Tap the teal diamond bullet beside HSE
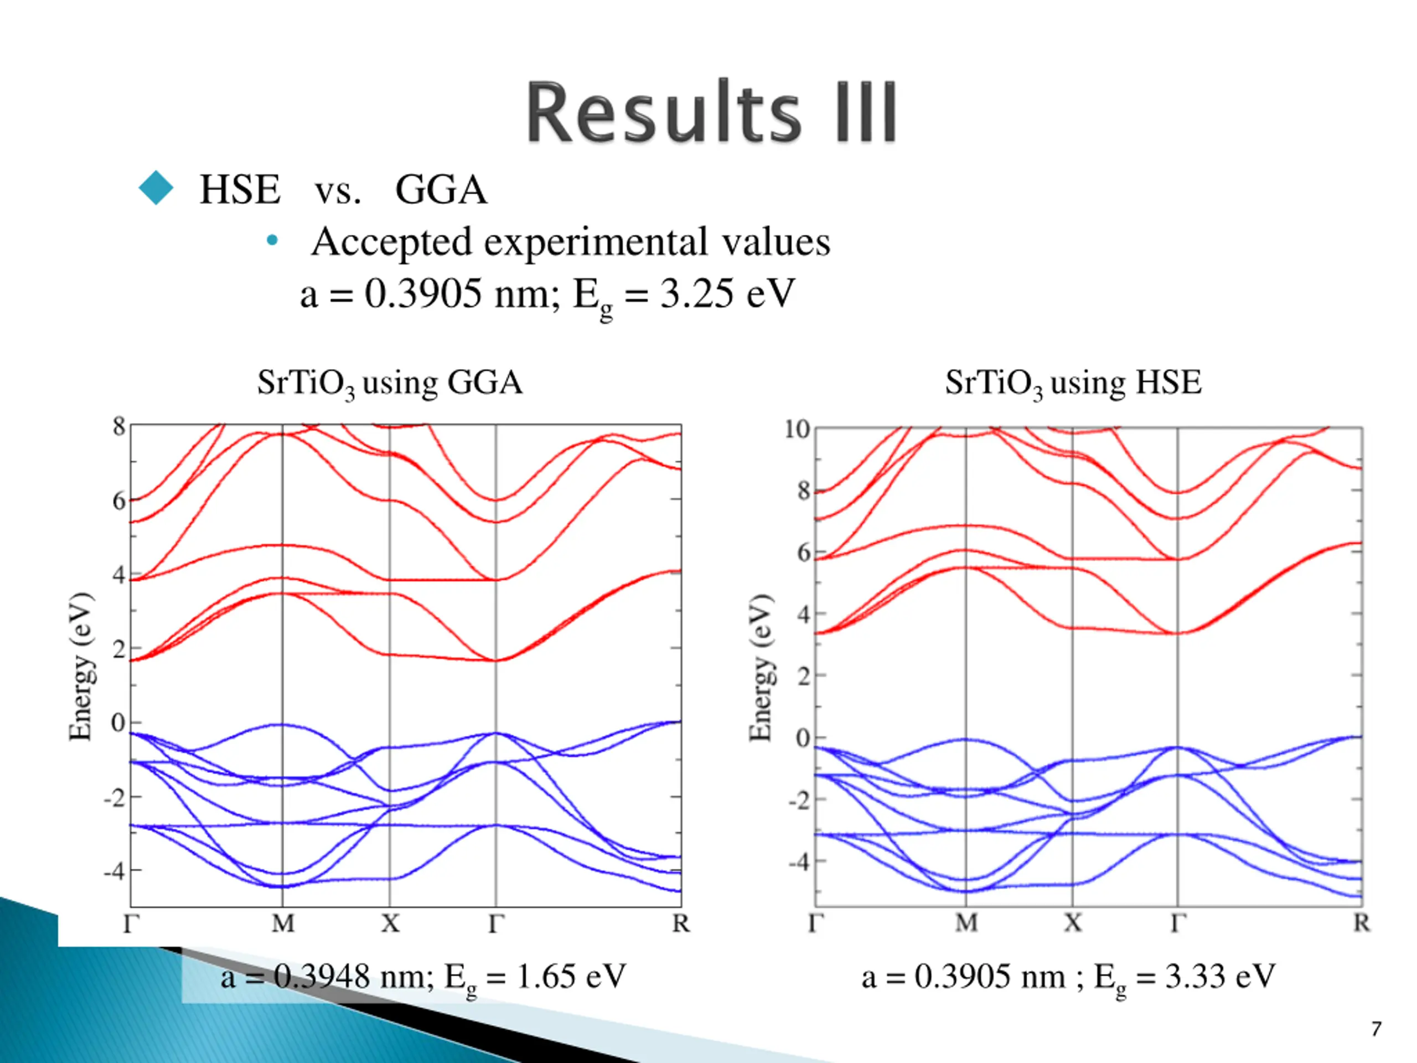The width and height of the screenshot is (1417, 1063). pyautogui.click(x=156, y=188)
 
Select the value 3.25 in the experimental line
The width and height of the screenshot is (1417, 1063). pyautogui.click(x=696, y=294)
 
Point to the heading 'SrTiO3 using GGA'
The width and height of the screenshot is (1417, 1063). pyautogui.click(x=390, y=383)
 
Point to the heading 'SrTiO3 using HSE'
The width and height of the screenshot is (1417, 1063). pyautogui.click(x=1073, y=383)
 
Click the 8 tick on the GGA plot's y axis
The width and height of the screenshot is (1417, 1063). pyautogui.click(x=118, y=426)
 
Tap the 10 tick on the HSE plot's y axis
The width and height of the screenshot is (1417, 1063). pyautogui.click(x=797, y=429)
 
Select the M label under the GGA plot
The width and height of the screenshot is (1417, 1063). pyautogui.click(x=282, y=923)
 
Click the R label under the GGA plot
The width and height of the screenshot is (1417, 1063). pyautogui.click(x=680, y=923)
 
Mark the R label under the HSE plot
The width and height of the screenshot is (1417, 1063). pyautogui.click(x=1361, y=923)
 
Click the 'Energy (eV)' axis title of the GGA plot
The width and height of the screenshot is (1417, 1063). pyautogui.click(x=81, y=667)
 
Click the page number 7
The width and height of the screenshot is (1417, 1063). pyautogui.click(x=1376, y=1029)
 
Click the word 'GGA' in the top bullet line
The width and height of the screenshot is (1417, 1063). pyautogui.click(x=441, y=190)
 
